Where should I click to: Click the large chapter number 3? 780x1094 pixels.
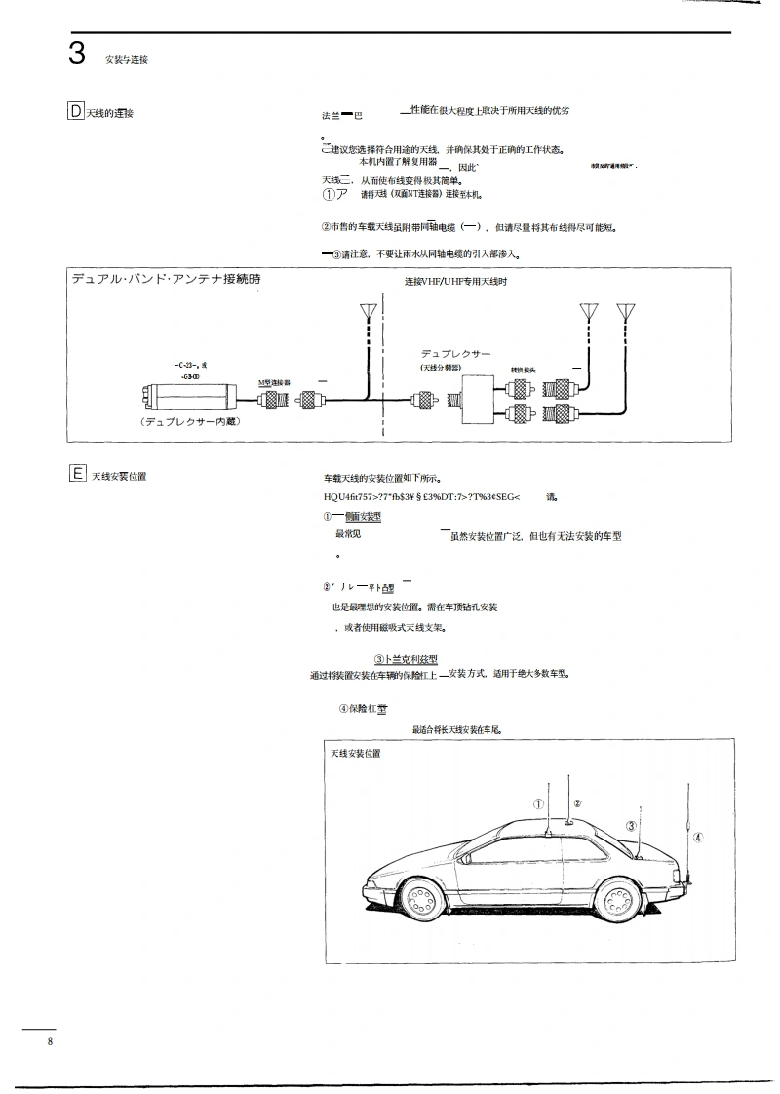(x=77, y=55)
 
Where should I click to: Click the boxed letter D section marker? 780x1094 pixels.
(x=76, y=111)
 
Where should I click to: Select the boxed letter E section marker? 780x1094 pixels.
(x=76, y=475)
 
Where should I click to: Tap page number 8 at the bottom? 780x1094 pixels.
(x=49, y=1043)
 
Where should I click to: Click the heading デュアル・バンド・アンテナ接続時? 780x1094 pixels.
(x=166, y=279)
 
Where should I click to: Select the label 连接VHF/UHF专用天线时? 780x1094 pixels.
(x=456, y=281)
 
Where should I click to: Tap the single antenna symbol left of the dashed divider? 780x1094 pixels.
(x=368, y=312)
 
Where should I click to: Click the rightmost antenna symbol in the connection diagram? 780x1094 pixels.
(x=625, y=312)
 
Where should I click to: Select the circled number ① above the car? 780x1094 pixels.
(x=538, y=804)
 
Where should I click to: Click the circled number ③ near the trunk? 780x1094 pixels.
(x=631, y=826)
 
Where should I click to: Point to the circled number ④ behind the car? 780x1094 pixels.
(x=697, y=837)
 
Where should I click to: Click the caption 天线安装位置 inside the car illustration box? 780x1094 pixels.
(x=356, y=754)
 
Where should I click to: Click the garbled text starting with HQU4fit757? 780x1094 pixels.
(x=421, y=497)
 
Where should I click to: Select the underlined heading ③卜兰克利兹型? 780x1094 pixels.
(x=406, y=660)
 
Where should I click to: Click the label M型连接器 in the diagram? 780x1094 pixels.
(x=276, y=383)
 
